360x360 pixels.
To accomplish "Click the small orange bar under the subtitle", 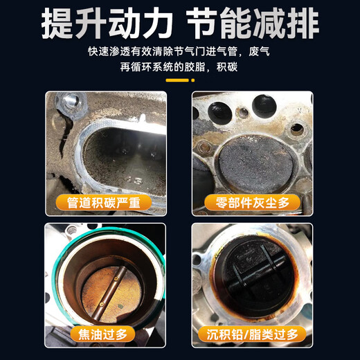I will pos(179,80).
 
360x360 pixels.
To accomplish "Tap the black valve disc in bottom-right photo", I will pos(251,273).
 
